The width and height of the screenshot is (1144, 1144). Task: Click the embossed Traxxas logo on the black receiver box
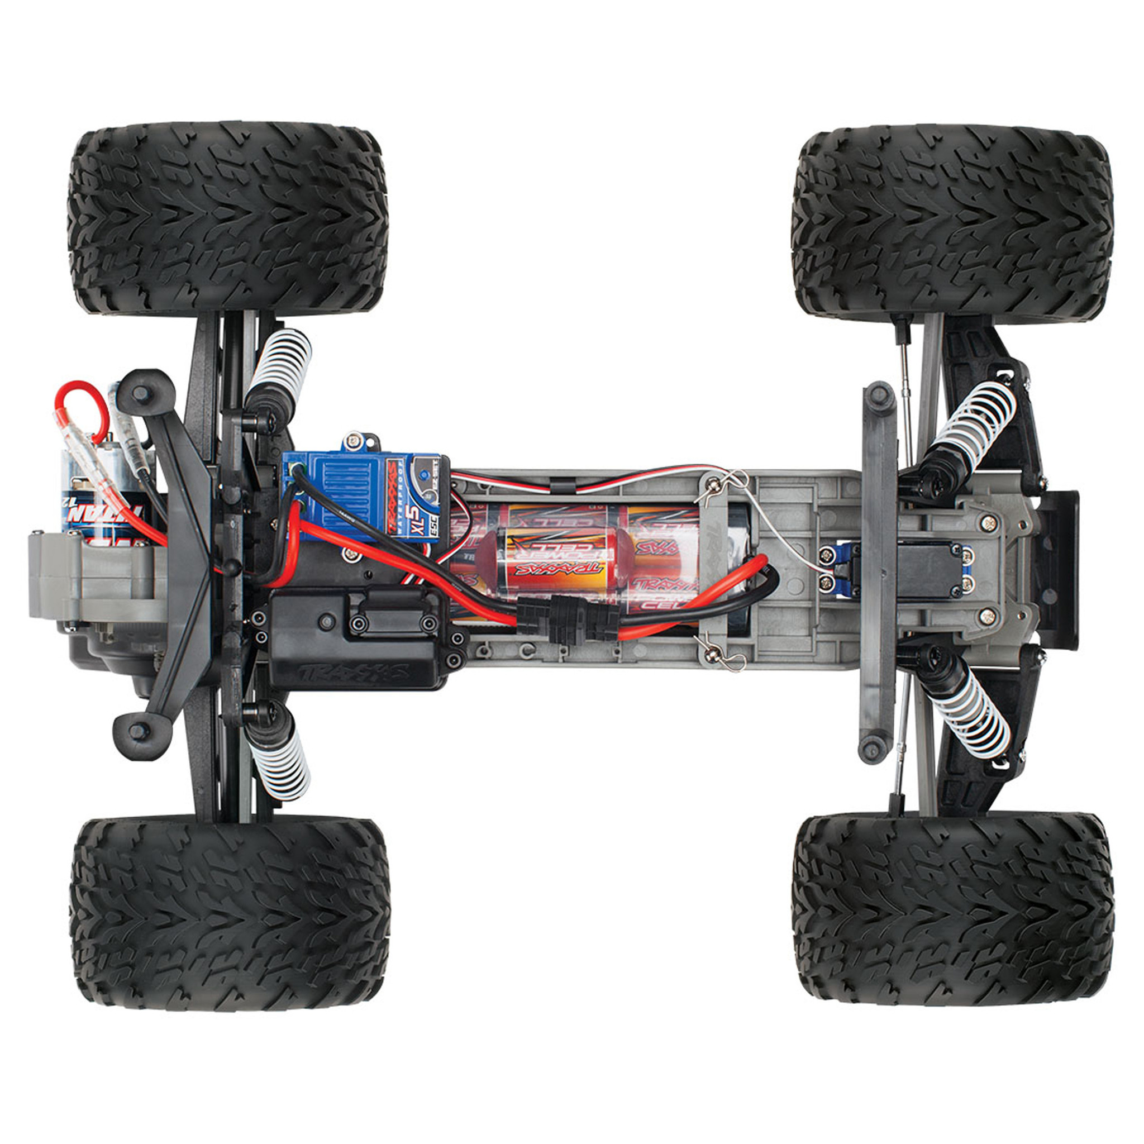pos(356,672)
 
